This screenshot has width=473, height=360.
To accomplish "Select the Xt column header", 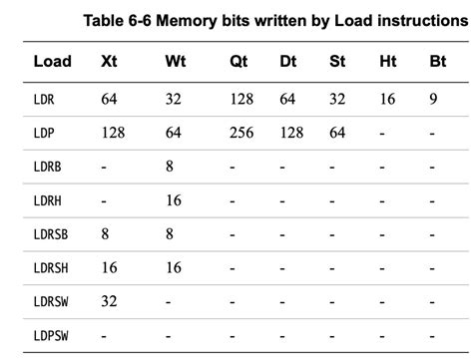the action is (110, 61).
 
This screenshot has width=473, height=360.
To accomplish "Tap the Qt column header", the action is (237, 61).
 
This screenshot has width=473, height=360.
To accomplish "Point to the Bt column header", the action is (438, 61).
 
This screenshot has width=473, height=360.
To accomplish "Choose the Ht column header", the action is (388, 61).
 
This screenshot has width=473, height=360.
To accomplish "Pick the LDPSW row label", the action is (51, 335).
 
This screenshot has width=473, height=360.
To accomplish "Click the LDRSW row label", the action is (51, 300).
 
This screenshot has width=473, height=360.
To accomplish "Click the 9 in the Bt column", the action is (434, 98).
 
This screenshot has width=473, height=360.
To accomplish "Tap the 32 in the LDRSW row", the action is (109, 300).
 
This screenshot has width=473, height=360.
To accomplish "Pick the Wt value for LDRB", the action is (170, 167).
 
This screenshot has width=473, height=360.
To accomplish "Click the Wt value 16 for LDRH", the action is (173, 199).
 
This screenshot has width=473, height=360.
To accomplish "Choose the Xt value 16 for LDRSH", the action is (109, 266).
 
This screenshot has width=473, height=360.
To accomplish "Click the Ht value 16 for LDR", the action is (387, 98).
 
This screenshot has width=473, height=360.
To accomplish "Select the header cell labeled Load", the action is (53, 61).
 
